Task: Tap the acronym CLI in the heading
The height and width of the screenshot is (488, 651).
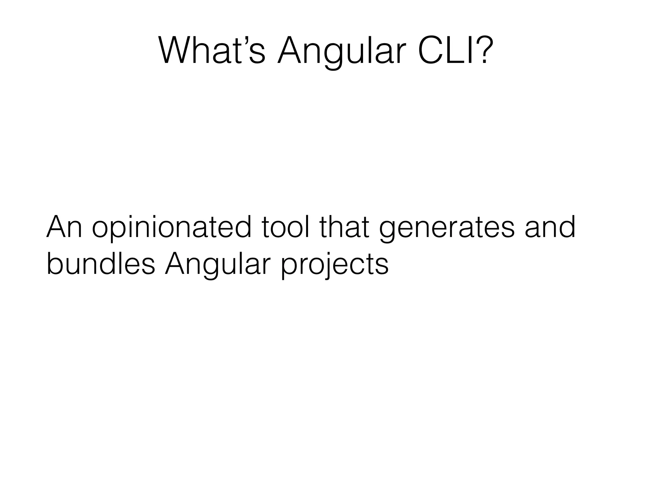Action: (x=445, y=51)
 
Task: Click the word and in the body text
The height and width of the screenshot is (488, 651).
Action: (x=550, y=227)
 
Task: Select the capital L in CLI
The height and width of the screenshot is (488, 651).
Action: (x=456, y=51)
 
